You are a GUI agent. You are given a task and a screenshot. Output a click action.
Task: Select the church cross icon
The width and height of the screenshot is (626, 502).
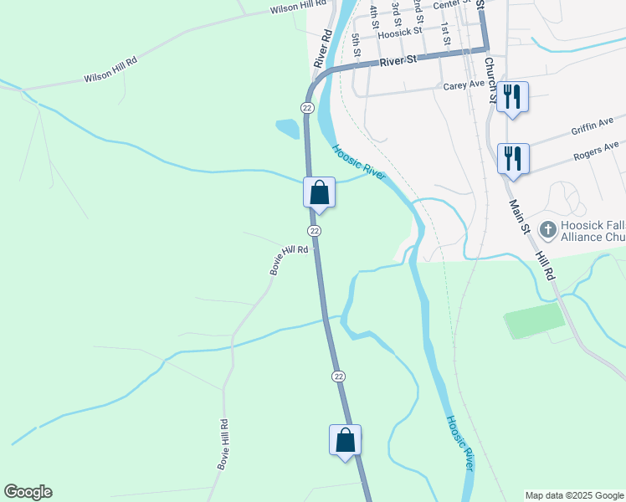point(548,228)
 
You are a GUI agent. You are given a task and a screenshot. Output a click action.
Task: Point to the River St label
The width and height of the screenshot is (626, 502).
point(398,61)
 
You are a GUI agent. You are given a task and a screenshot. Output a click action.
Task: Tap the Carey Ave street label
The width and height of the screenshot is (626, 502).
point(464,85)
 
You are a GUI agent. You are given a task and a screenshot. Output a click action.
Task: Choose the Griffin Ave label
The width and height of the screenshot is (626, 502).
point(593,126)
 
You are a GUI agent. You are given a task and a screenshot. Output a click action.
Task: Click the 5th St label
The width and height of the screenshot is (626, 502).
point(357,45)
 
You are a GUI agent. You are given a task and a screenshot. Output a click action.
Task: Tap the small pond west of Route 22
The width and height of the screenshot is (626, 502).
point(287,129)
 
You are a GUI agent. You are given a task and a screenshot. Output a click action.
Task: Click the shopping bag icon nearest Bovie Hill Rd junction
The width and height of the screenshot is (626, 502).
point(319,192)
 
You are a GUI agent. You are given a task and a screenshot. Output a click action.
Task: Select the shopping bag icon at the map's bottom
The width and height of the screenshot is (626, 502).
point(346,439)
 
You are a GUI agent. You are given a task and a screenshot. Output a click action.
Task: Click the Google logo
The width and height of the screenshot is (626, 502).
point(28,492)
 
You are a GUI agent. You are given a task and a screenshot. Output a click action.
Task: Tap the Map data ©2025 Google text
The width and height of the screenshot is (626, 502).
point(574,495)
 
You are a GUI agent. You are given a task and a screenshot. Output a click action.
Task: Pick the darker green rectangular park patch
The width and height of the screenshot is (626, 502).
point(534,320)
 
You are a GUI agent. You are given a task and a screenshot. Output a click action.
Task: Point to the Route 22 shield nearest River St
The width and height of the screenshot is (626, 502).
point(307,108)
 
